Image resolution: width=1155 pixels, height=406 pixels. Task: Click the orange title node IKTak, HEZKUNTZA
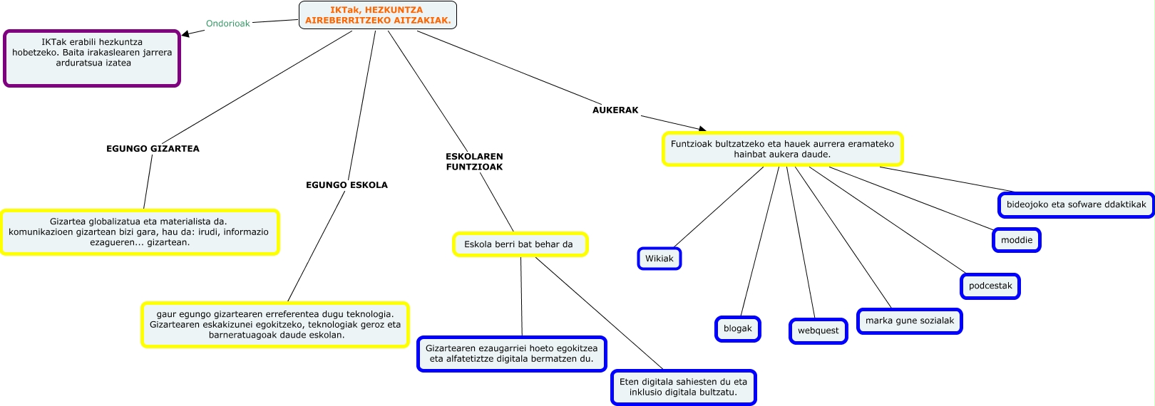(x=378, y=15)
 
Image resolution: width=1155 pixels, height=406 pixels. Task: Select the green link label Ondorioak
(x=228, y=24)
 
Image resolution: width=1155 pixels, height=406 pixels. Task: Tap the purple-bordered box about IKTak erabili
(x=92, y=58)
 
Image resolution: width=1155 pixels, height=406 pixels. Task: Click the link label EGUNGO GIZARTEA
(x=153, y=149)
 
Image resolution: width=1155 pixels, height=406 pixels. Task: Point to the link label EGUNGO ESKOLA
(x=346, y=185)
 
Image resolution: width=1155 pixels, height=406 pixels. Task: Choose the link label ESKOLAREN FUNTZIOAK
(x=474, y=162)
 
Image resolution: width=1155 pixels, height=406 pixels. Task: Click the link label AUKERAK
(x=615, y=110)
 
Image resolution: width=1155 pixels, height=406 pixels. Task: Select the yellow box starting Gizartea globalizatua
(x=139, y=231)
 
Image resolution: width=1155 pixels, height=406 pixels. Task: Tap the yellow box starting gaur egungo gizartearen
(x=275, y=324)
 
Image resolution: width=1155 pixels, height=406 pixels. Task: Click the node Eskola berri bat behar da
(x=519, y=244)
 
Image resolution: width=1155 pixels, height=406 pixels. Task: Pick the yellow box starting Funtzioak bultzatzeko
(x=782, y=149)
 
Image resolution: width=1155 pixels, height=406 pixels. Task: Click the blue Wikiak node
(x=659, y=259)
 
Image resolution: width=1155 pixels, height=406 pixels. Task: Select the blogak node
(x=738, y=328)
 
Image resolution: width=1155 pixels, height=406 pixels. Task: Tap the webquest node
(x=818, y=330)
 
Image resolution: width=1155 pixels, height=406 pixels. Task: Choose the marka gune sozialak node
(x=909, y=321)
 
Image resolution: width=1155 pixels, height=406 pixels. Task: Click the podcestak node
(x=990, y=286)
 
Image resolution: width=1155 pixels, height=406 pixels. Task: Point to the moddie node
(x=1016, y=240)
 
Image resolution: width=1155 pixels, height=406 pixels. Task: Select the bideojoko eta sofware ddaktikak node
(x=1076, y=204)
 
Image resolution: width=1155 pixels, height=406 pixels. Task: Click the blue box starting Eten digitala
(x=683, y=387)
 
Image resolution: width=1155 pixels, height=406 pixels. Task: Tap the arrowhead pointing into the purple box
(x=185, y=33)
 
